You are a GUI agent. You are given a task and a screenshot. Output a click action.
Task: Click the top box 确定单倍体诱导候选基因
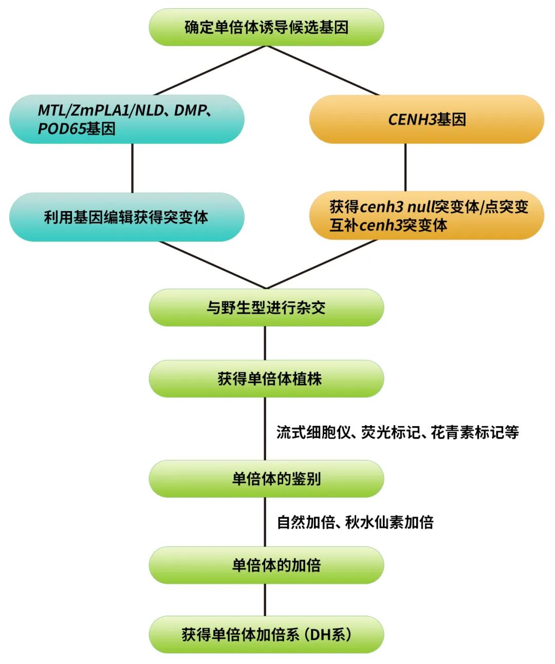pyautogui.click(x=266, y=27)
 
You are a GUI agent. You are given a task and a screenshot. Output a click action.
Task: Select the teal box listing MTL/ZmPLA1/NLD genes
pyautogui.click(x=126, y=119)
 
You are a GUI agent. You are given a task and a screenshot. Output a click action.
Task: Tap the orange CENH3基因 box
pyautogui.click(x=427, y=119)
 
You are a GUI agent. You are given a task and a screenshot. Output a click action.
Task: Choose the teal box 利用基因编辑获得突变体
pyautogui.click(x=126, y=217)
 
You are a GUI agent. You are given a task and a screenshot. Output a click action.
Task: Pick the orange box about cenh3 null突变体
pyautogui.click(x=427, y=216)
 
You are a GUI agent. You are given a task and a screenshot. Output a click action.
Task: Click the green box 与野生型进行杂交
pyautogui.click(x=266, y=308)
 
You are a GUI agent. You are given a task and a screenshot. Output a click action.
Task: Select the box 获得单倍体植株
pyautogui.click(x=266, y=379)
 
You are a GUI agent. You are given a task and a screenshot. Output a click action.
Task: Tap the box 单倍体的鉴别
pyautogui.click(x=266, y=479)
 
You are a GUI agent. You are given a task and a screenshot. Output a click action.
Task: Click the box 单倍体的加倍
pyautogui.click(x=266, y=565)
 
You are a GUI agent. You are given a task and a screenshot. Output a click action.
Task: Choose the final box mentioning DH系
pyautogui.click(x=266, y=635)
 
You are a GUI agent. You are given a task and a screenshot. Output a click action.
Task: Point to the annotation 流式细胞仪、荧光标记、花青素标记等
pyautogui.click(x=397, y=432)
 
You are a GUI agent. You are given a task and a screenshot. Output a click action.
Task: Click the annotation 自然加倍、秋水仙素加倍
pyautogui.click(x=355, y=522)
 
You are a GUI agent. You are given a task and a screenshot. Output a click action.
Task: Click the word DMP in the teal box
pyautogui.click(x=190, y=110)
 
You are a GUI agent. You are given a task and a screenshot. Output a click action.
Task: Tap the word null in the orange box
pyautogui.click(x=420, y=207)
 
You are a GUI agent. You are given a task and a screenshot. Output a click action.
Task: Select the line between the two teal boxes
pyautogui.click(x=133, y=168)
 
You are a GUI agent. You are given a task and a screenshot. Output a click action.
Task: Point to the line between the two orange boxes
pyautogui.click(x=405, y=167)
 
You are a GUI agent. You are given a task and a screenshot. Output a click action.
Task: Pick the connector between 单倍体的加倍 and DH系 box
pyautogui.click(x=265, y=600)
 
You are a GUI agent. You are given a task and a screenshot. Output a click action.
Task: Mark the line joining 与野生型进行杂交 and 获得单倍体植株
pyautogui.click(x=265, y=343)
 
